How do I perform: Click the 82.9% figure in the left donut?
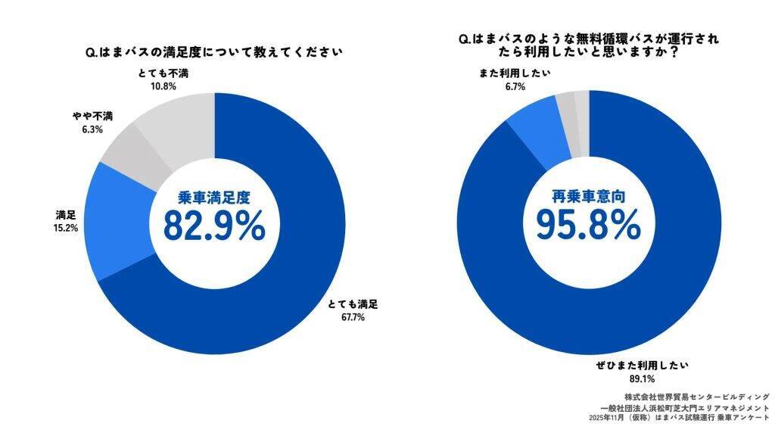tap(214, 225)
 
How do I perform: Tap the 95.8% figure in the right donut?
tap(589, 225)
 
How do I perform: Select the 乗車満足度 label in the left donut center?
tap(214, 198)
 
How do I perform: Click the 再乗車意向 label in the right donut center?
tap(589, 198)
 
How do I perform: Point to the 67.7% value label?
tap(353, 317)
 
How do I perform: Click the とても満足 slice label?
tap(353, 304)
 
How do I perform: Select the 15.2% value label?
tap(67, 227)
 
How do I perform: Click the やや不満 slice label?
tap(93, 116)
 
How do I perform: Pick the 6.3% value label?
tap(93, 129)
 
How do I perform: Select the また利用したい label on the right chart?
tap(515, 73)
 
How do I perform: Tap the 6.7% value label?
tap(515, 86)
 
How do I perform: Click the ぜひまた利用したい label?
tap(642, 365)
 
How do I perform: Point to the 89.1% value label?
tap(642, 378)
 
